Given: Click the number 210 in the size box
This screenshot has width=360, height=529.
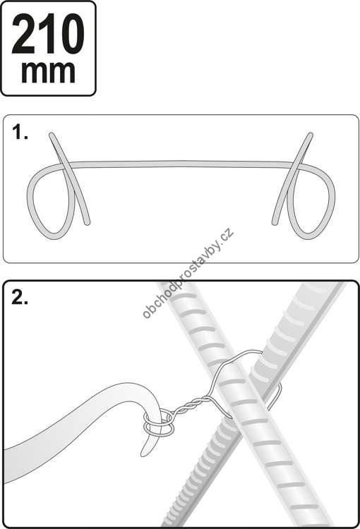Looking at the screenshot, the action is coord(48,35).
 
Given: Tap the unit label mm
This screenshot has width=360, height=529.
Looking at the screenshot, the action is coord(48,72).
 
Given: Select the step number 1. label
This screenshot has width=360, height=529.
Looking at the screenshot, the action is coord(20,132).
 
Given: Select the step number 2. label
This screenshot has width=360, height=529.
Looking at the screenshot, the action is coord(20,297).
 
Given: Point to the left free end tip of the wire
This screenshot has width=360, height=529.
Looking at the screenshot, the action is coord(88,223).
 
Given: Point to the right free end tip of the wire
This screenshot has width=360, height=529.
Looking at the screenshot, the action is coord(274,223).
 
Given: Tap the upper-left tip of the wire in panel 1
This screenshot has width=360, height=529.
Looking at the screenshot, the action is coord(51,134).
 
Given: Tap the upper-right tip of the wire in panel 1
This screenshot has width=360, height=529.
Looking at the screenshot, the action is coord(311,134).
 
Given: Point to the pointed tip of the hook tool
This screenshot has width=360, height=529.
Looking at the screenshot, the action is coord(143,455).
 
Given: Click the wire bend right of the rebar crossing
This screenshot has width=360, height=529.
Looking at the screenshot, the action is coord(279,395).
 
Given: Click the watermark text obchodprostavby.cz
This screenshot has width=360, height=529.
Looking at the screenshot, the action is coord(188,273).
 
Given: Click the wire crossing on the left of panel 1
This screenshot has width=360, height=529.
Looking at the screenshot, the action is coord(64,166).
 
